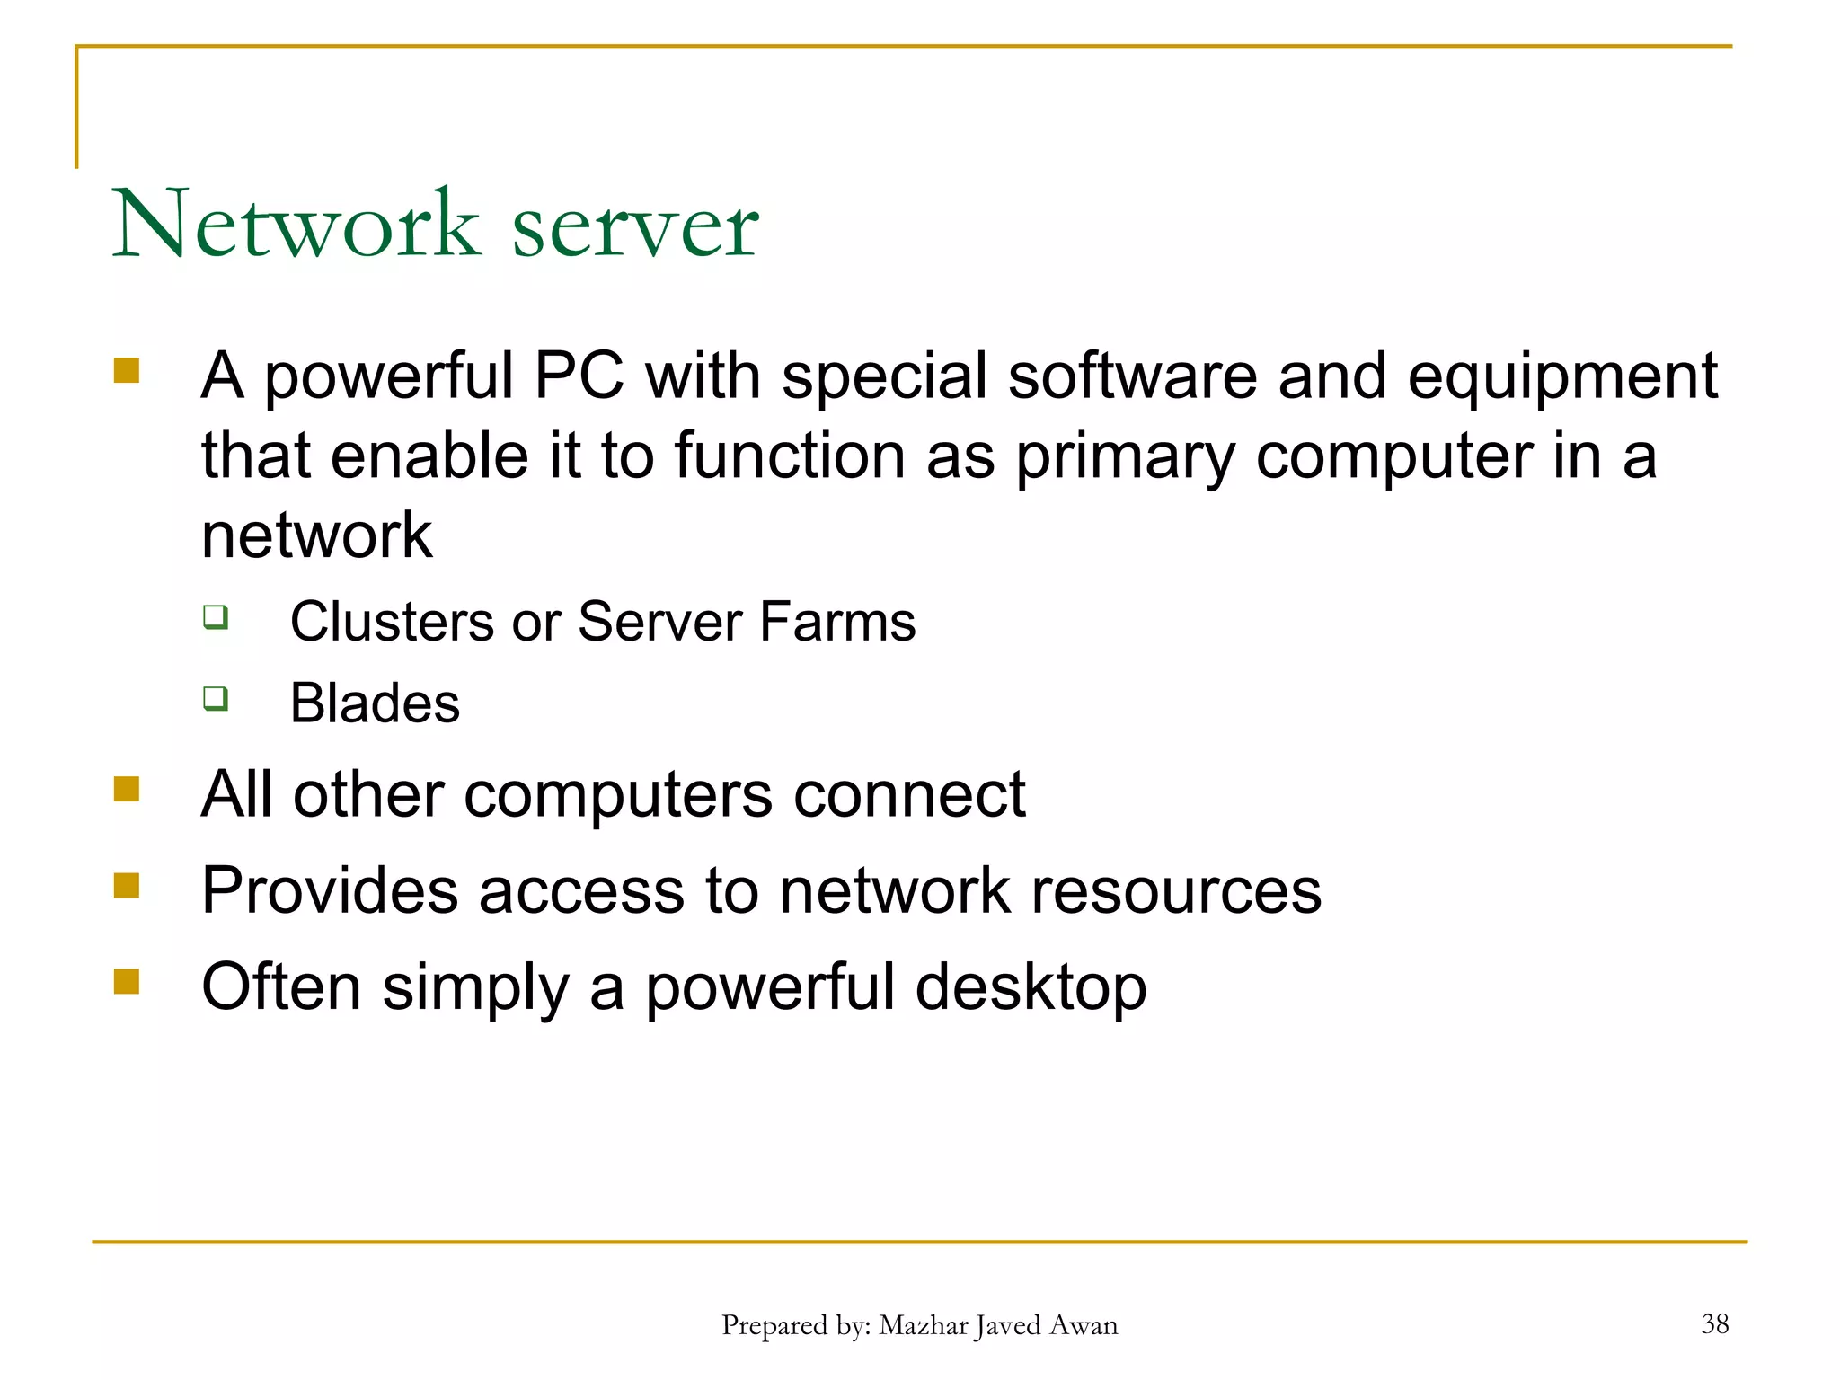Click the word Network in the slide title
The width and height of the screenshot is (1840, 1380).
(296, 224)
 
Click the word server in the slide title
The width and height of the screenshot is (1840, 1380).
(635, 228)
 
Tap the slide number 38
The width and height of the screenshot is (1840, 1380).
(1714, 1323)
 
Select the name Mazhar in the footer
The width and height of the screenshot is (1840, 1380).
(924, 1325)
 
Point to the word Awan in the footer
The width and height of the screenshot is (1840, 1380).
(1084, 1325)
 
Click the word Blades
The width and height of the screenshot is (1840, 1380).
(375, 703)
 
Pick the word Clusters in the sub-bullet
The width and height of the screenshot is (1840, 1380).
(392, 621)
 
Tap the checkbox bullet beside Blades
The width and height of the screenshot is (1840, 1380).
(216, 698)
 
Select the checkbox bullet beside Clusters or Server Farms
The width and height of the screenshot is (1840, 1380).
(216, 617)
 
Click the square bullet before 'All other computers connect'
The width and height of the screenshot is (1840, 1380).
(127, 789)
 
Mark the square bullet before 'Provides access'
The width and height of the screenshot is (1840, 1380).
(127, 885)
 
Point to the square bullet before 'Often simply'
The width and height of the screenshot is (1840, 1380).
(127, 981)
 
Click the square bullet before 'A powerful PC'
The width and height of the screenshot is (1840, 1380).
(127, 370)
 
